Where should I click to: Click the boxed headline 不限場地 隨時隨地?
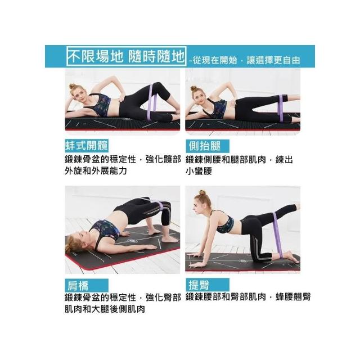coord(126,56)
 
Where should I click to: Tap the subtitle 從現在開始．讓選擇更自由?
coord(246,60)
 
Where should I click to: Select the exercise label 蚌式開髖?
coord(87,146)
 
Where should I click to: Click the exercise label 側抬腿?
coord(205,146)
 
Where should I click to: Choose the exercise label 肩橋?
coord(78,286)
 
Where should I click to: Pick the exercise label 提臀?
coord(199,285)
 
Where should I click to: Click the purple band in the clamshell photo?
coord(151,101)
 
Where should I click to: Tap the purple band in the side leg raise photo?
coord(281,107)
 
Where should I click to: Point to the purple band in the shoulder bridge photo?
coord(161,205)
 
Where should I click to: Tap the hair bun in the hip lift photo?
coord(202,192)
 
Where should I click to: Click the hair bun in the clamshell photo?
coord(72,87)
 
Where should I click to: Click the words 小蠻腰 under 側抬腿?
coord(199,171)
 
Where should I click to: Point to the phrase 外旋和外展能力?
coord(96,170)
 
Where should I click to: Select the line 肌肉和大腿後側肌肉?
coord(105,309)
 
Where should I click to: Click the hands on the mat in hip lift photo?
coord(197,260)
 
